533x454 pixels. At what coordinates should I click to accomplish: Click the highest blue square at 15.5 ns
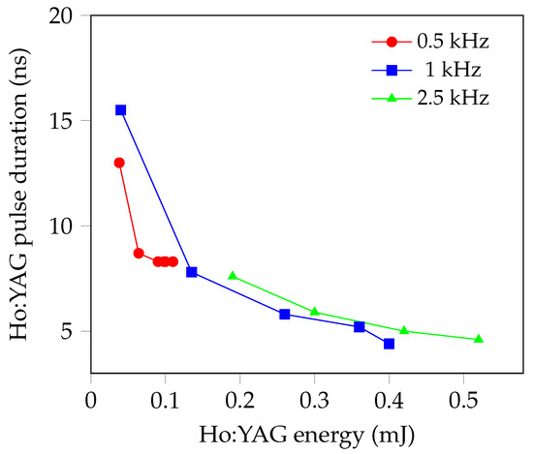(x=121, y=110)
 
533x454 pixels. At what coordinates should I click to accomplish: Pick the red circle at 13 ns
(x=119, y=163)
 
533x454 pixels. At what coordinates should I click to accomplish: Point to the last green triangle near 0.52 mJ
(x=479, y=339)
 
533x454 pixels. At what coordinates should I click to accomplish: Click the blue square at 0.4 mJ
(x=389, y=344)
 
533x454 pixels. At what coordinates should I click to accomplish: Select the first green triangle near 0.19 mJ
(x=233, y=276)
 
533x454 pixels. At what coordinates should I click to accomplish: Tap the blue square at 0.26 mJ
(x=285, y=314)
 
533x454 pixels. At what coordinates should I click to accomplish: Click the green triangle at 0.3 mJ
(x=315, y=311)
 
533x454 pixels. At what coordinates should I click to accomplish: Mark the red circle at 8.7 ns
(x=139, y=253)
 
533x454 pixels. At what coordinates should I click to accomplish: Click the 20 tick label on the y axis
(x=66, y=16)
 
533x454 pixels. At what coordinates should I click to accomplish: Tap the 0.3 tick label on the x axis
(x=314, y=396)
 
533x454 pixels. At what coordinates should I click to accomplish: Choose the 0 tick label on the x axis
(x=91, y=396)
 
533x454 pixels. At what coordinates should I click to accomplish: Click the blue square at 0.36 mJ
(x=360, y=327)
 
